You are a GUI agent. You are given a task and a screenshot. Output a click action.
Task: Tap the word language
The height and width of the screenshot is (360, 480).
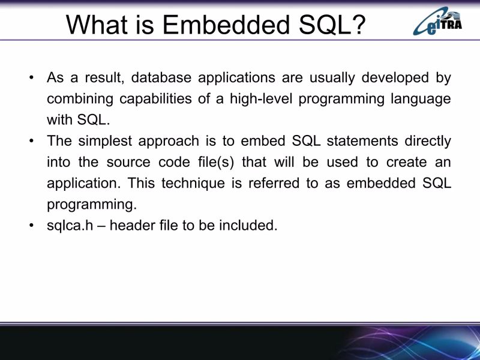point(417,98)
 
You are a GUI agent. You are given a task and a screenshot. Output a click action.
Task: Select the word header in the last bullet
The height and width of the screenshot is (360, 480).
point(132,226)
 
